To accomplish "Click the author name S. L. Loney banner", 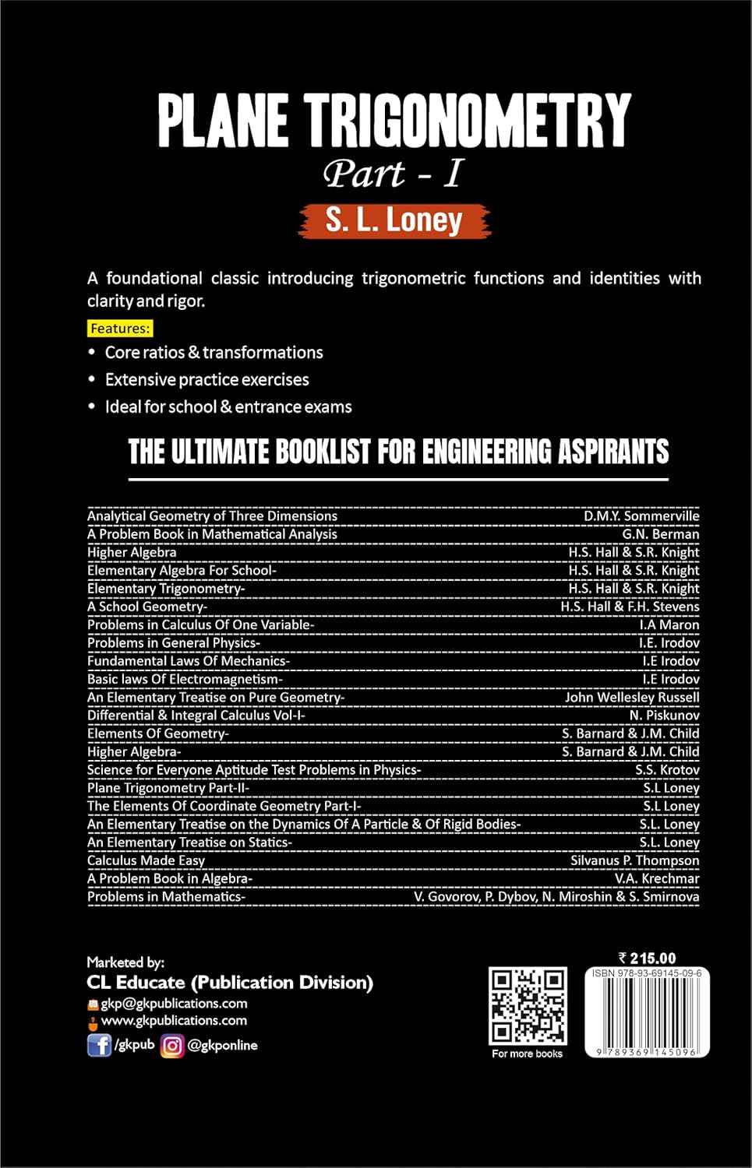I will point(394,220).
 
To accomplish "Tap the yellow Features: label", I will point(120,328).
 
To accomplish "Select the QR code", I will point(528,1006).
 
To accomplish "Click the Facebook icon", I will point(99,1045).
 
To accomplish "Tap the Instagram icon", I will point(172,1045).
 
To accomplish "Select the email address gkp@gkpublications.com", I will point(174,1003).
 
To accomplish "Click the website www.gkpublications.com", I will point(174,1020).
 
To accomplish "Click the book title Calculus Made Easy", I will point(146,860).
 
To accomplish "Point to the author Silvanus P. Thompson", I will point(634,860).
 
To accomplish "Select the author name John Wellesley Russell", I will point(632,697).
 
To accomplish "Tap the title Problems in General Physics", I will point(172,642).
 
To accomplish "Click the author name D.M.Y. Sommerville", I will point(641,515).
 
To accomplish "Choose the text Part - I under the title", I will point(394,174).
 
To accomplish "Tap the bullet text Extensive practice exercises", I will point(207,379).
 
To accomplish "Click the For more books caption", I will point(527,1054).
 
